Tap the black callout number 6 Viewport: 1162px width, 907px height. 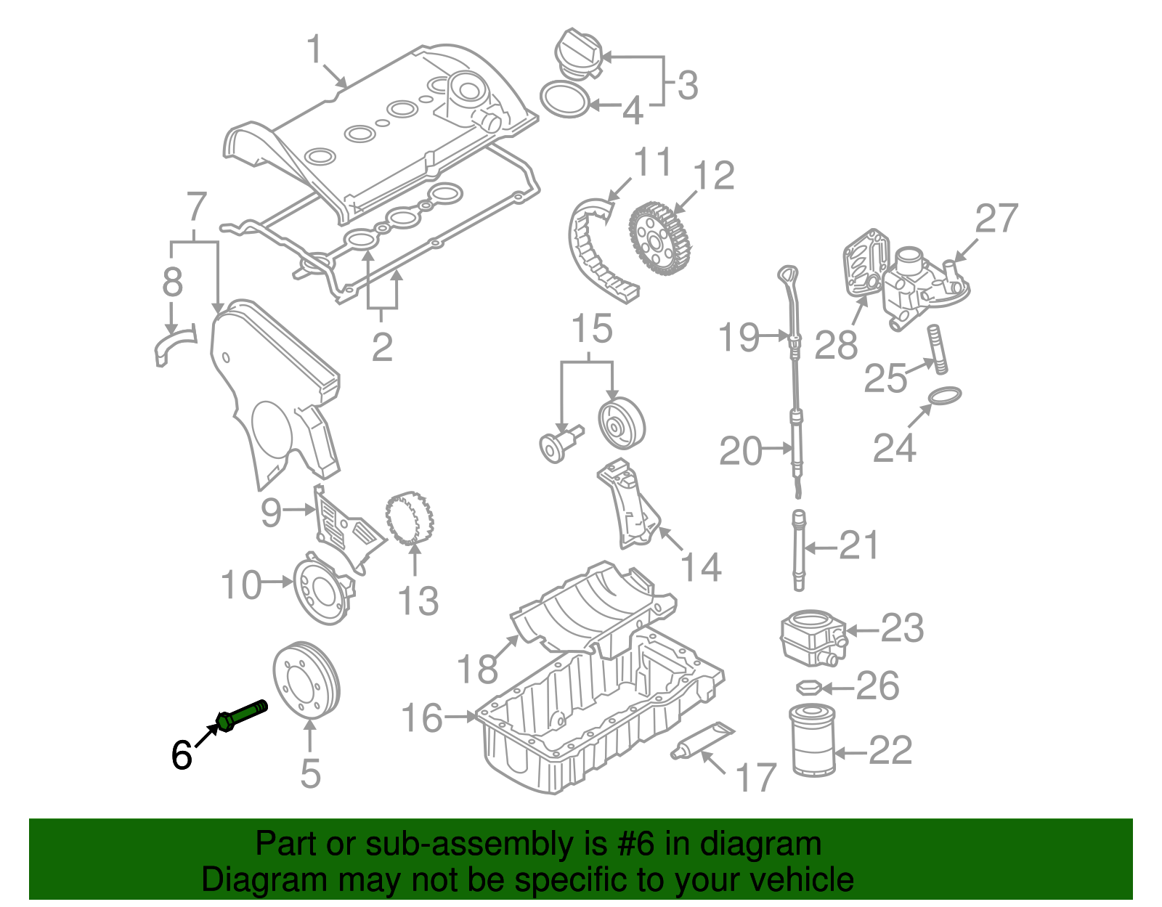182,755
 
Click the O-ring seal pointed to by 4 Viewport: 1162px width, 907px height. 566,99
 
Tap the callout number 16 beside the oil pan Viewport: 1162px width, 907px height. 422,718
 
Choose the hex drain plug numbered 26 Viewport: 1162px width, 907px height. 809,687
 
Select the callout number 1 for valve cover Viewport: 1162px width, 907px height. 314,50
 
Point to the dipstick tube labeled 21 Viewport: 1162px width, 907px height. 799,552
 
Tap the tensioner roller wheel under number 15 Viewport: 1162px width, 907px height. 621,425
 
